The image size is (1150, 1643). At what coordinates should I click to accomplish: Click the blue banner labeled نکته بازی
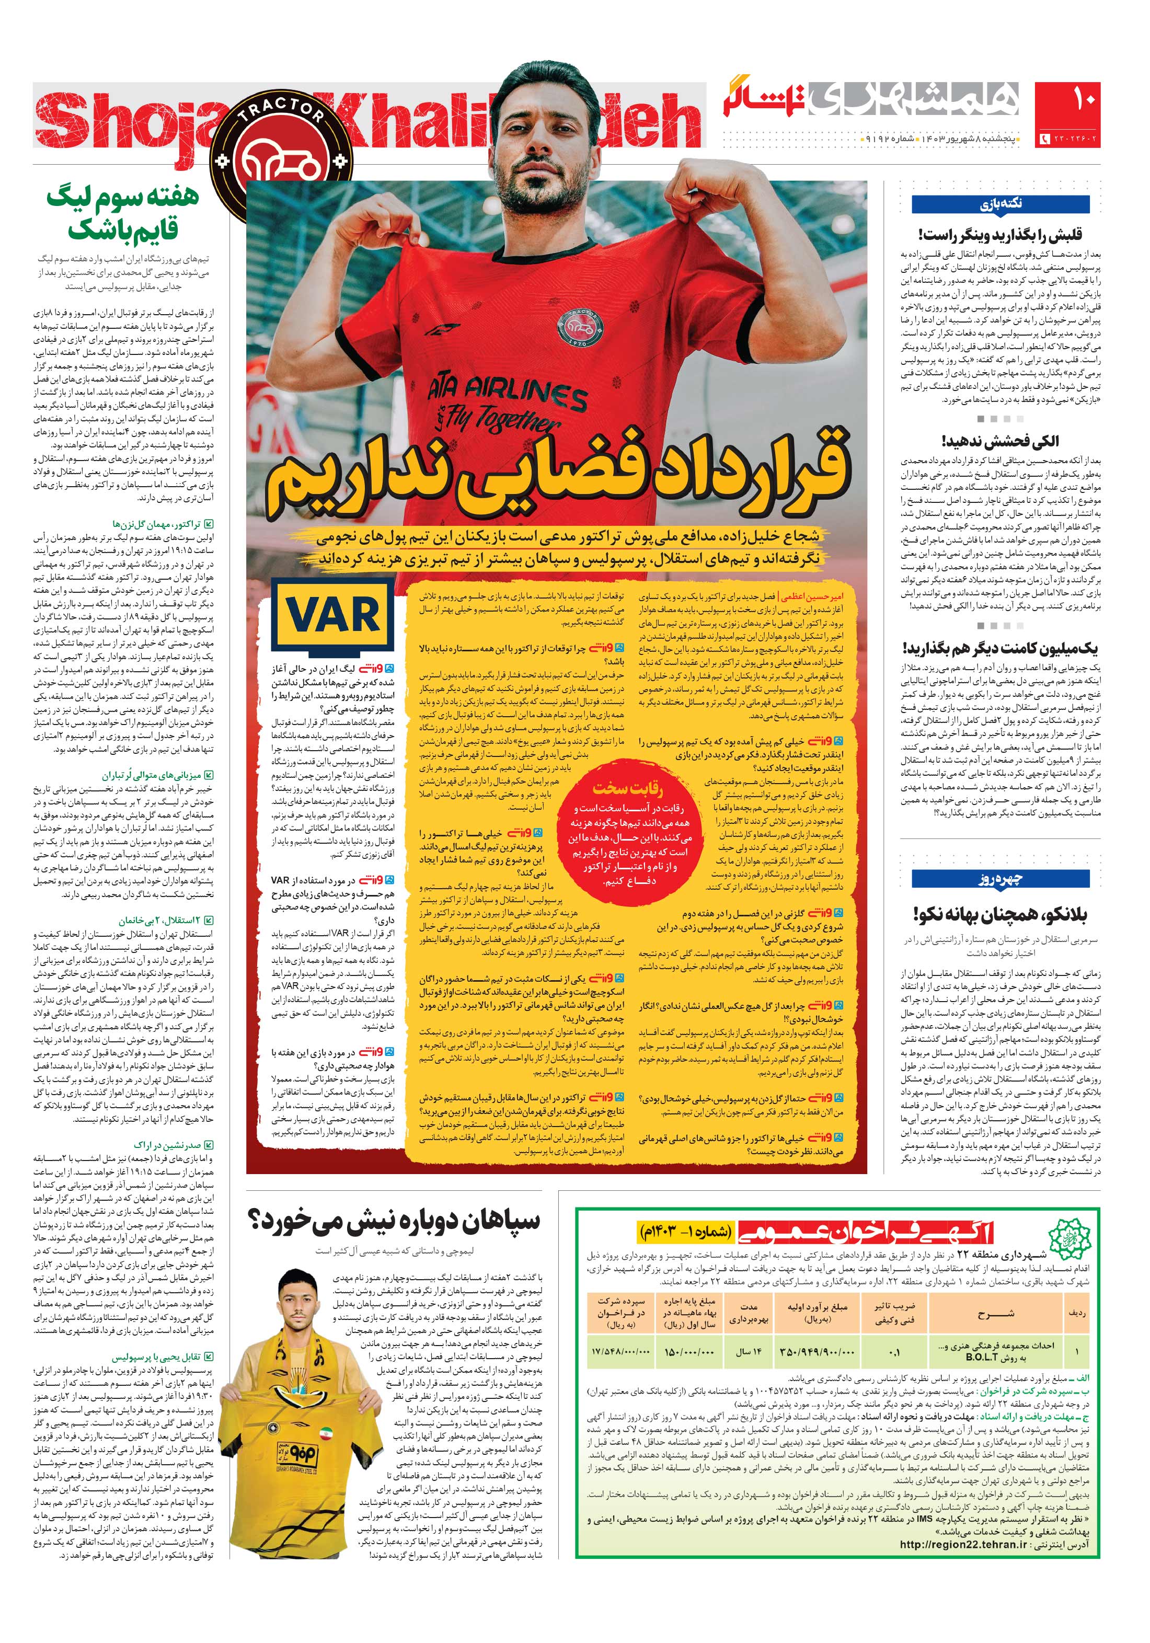click(1000, 204)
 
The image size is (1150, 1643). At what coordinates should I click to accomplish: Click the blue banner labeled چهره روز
click(1000, 879)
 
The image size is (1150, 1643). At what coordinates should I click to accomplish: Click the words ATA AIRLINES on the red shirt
click(507, 393)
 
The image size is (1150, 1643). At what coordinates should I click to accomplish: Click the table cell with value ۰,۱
click(894, 1352)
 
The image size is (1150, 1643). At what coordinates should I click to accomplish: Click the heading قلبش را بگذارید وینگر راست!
click(1000, 235)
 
